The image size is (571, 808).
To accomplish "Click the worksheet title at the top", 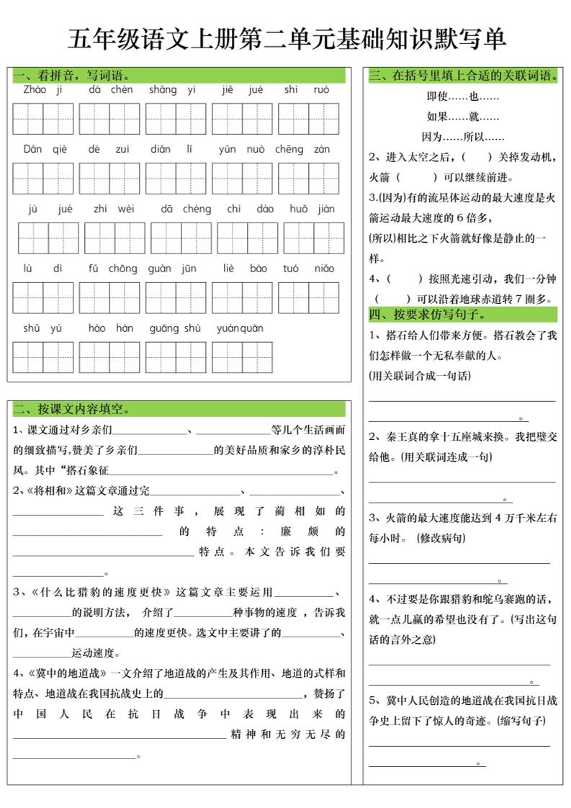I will [286, 39].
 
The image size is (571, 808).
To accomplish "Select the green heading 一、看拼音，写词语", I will [71, 75].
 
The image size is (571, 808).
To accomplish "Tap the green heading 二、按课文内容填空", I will [71, 409].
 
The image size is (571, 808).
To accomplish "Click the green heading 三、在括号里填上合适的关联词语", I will [465, 75].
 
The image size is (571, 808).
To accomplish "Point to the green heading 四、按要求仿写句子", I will [428, 315].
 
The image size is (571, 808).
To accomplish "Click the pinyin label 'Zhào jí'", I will [43, 90].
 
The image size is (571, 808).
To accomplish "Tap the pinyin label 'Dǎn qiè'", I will [44, 150].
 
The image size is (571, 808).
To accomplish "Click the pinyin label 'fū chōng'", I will [112, 269].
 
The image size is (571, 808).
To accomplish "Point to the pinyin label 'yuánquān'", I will [240, 329].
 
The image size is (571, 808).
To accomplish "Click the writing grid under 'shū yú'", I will [43, 357].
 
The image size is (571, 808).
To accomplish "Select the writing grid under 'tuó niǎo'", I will [308, 297].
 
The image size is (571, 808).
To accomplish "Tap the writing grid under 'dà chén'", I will [109, 119].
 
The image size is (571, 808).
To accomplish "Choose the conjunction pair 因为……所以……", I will [463, 137].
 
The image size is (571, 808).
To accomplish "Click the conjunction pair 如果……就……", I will [463, 117].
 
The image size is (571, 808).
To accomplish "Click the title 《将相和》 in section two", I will [49, 491].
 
